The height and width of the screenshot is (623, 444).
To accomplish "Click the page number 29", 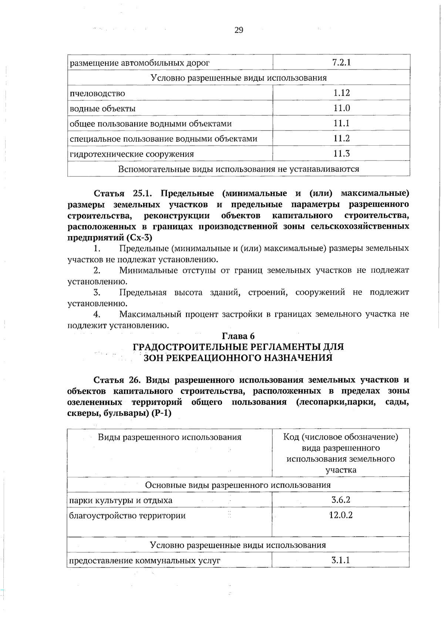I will (x=239, y=30).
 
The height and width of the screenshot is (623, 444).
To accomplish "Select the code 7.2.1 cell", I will (x=341, y=62).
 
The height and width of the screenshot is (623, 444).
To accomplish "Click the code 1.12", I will (x=341, y=93).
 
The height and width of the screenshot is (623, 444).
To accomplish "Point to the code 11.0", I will (x=341, y=108).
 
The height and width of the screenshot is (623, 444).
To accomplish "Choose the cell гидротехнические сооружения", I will (x=132, y=154).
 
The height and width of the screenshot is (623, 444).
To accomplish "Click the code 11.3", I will (x=341, y=153).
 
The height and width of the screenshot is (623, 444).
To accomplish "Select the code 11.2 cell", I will (x=341, y=138).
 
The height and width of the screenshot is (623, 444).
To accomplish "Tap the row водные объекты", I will (x=103, y=108).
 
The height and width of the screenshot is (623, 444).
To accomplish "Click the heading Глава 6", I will (x=238, y=336).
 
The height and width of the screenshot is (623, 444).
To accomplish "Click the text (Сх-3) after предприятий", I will (x=139, y=237).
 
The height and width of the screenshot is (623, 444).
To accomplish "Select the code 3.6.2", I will (x=341, y=500).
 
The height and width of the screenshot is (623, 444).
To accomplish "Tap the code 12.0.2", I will (x=341, y=515).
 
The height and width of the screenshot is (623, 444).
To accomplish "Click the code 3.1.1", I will (x=341, y=560).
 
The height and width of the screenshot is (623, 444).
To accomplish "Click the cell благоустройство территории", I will (x=128, y=515).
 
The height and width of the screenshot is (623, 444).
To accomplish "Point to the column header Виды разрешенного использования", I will (x=169, y=437).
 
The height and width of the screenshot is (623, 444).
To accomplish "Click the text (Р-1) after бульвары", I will (x=162, y=413).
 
